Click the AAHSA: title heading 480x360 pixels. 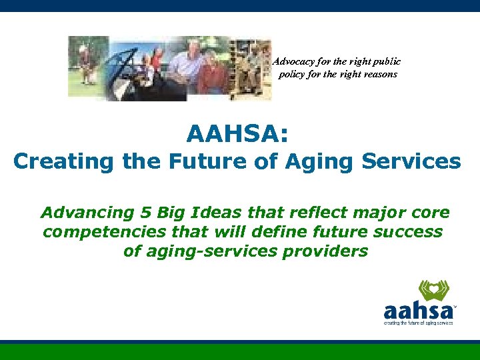click(x=238, y=135)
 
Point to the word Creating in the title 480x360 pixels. click(x=55, y=162)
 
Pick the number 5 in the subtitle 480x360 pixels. click(x=145, y=213)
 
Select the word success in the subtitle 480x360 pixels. click(x=406, y=232)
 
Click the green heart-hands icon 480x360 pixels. click(x=434, y=291)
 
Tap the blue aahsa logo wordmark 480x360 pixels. click(x=418, y=311)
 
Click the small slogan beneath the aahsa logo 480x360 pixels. click(x=418, y=323)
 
